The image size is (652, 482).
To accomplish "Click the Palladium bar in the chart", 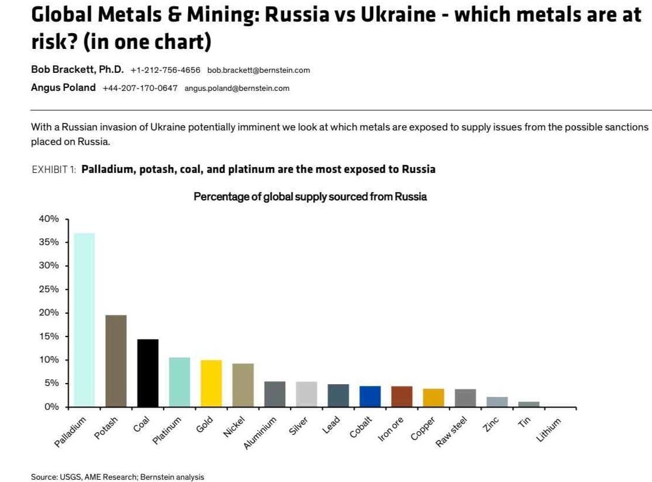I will [84, 320].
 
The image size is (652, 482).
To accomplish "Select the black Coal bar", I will [148, 373].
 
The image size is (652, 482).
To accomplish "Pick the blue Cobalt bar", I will [370, 396].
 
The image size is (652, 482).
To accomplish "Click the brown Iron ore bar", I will [402, 396].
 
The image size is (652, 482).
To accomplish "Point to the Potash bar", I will [116, 360].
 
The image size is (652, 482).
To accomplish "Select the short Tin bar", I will [529, 403].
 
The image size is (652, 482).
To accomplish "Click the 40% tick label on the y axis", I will [49, 219].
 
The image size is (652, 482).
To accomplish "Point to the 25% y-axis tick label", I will [49, 289].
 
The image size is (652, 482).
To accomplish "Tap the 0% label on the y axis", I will [52, 407].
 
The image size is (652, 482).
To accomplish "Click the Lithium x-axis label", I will [549, 430].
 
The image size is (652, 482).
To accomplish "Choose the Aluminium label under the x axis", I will [260, 434].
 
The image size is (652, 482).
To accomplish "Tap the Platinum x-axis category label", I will [167, 431].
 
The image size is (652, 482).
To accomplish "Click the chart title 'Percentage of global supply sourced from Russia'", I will [310, 197].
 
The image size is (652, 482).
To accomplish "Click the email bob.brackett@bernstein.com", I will [258, 70].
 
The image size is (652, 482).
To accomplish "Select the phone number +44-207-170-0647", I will [140, 88].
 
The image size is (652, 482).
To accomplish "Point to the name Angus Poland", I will [63, 88].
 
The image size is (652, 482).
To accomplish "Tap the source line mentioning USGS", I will [117, 477].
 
